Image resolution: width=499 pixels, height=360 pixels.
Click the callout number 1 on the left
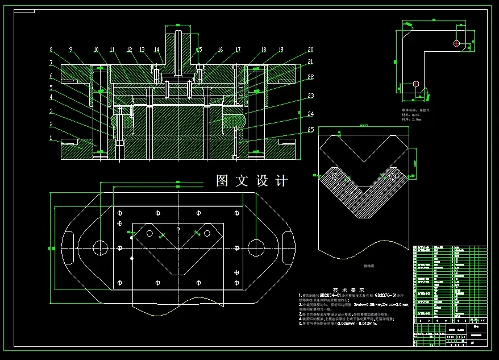point(50,138)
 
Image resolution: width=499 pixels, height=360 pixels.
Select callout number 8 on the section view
point(51,49)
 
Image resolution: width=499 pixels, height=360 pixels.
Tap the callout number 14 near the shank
point(156,49)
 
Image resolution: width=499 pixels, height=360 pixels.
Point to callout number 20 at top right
point(310,49)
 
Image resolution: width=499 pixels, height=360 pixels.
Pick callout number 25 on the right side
point(311,130)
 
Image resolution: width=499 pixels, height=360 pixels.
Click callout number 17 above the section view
point(238,49)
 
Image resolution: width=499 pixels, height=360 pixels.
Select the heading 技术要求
point(352,289)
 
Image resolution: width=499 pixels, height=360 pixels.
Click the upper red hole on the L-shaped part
point(456,43)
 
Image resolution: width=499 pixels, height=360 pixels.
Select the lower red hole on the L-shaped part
point(416,84)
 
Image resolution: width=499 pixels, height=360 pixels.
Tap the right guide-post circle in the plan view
point(256,247)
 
